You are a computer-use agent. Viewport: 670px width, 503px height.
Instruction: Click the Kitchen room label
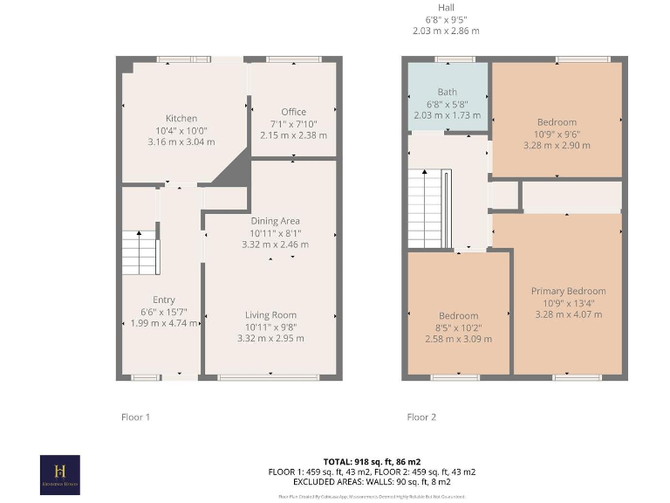[181, 119]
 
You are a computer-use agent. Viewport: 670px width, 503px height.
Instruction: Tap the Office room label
[293, 112]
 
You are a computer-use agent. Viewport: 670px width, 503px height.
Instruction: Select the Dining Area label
[275, 221]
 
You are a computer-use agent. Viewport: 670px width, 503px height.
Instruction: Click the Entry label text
[164, 300]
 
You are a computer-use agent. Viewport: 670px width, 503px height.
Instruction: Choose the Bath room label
[447, 92]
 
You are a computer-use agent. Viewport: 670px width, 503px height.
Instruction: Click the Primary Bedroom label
[568, 291]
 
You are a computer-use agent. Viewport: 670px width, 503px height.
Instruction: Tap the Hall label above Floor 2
[446, 8]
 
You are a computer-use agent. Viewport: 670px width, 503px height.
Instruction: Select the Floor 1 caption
[135, 417]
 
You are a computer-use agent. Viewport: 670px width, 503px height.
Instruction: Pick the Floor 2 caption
[421, 417]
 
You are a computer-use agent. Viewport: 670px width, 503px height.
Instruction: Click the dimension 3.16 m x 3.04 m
[181, 141]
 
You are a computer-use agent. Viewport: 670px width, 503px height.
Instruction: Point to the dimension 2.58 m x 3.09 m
[458, 339]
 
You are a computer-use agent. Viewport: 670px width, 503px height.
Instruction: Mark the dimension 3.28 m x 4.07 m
[568, 314]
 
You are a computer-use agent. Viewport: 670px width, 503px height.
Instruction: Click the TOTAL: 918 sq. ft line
[372, 460]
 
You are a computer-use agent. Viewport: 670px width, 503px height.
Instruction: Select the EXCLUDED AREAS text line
[372, 482]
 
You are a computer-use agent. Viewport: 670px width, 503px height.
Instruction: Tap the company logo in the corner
[60, 474]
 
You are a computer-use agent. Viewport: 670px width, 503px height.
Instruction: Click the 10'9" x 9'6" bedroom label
[556, 134]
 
